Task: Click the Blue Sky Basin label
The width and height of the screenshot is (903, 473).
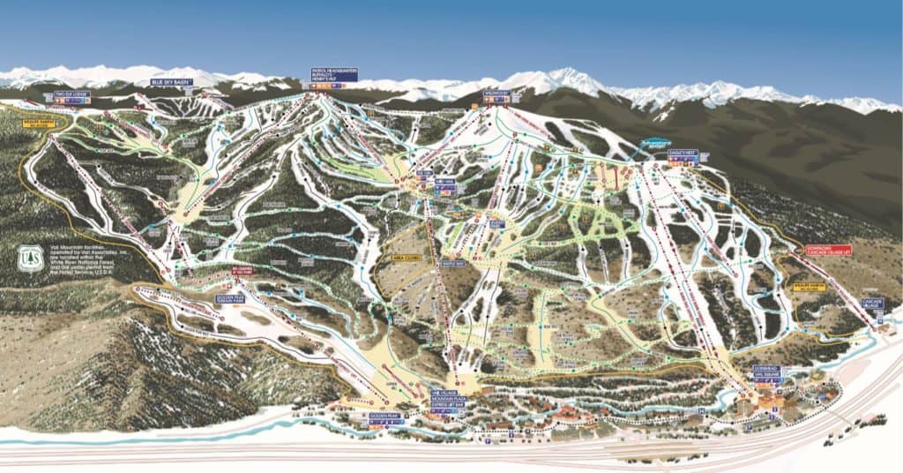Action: click(x=170, y=82)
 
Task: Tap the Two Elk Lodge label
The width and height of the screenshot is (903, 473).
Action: click(x=71, y=93)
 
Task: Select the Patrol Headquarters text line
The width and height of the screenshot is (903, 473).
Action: click(x=334, y=70)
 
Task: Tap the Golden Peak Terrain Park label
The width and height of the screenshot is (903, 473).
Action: click(x=230, y=299)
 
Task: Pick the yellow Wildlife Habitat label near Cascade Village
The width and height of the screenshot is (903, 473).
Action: click(x=813, y=287)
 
